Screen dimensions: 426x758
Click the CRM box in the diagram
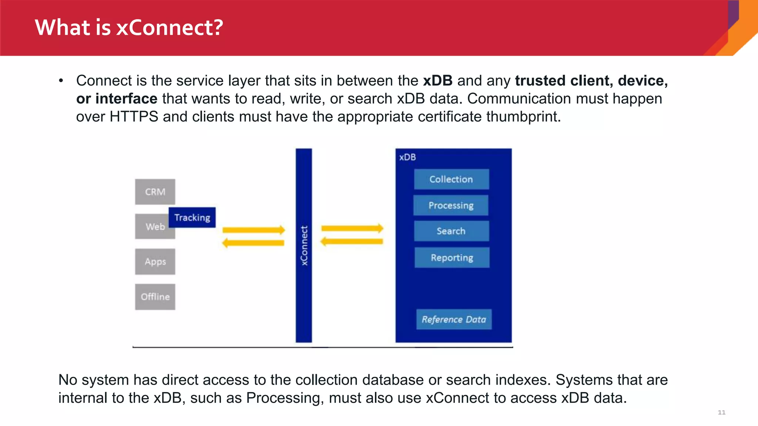[x=155, y=192]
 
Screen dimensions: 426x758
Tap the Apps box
[x=155, y=261]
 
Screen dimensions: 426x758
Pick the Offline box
[x=155, y=297]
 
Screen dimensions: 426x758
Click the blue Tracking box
[x=192, y=217]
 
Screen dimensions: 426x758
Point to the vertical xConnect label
[x=304, y=246]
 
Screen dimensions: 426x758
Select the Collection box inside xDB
[x=451, y=179]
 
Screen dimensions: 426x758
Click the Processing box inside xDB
[x=451, y=205]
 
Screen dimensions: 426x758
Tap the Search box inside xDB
[x=451, y=231]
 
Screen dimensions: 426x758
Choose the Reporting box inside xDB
[x=452, y=257]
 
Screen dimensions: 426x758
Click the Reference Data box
[x=454, y=319]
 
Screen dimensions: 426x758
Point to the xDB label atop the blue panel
[x=407, y=157]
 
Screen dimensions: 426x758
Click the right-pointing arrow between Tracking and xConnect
[x=254, y=230]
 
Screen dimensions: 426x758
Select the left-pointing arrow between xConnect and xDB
[x=352, y=242]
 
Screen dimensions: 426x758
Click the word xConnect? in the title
[x=170, y=27]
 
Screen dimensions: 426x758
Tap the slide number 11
[x=721, y=412]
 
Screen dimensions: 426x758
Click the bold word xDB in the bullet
[x=437, y=81]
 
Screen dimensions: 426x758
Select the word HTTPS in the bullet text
[x=134, y=117]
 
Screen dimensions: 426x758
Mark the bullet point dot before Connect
[x=61, y=81]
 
